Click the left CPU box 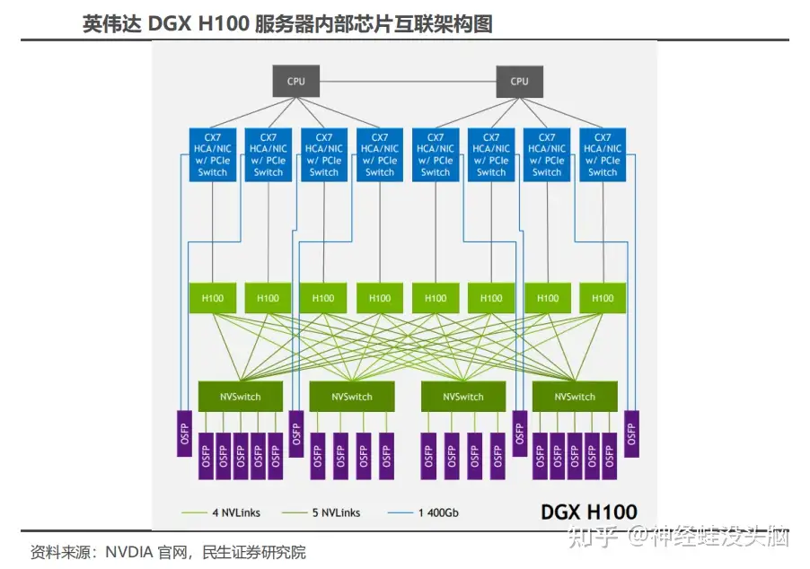point(296,82)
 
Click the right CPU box point(519,82)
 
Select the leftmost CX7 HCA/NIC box point(213,154)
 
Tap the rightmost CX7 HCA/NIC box point(603,154)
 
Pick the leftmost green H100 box point(213,298)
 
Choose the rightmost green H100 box point(603,298)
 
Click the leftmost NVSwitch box point(240,397)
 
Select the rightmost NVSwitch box point(575,397)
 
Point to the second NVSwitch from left point(352,397)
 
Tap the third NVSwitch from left point(463,397)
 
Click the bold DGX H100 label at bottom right point(588,512)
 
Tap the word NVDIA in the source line point(131,552)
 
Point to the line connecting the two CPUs point(408,82)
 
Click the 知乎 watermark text point(594,538)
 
